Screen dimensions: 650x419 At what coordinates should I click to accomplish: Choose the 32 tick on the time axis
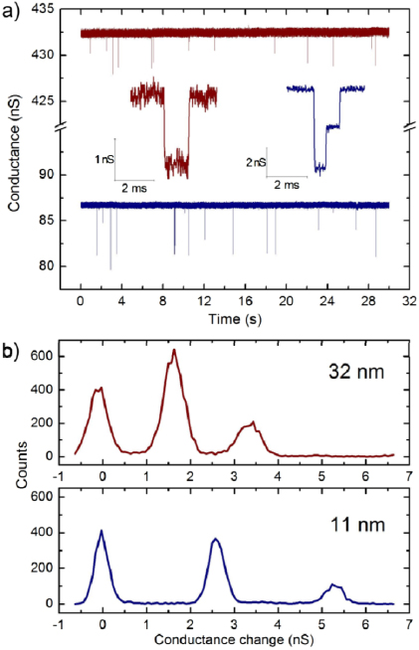[409, 299]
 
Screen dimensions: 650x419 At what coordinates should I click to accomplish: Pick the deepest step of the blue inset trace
[319, 168]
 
